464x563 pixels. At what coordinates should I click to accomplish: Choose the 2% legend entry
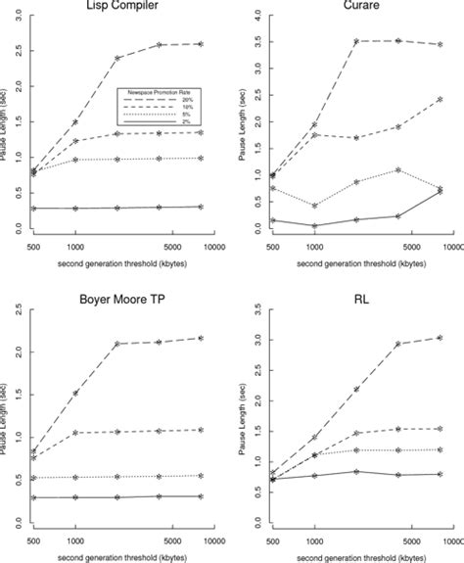click(180, 121)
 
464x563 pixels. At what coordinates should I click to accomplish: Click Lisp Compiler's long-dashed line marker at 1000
click(75, 122)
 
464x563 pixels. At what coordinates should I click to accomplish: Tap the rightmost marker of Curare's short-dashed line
click(441, 99)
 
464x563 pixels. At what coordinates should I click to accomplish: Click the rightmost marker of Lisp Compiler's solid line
click(200, 207)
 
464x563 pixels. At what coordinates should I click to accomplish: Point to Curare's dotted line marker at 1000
click(314, 206)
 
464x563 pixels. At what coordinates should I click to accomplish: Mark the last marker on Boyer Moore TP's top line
click(200, 338)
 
